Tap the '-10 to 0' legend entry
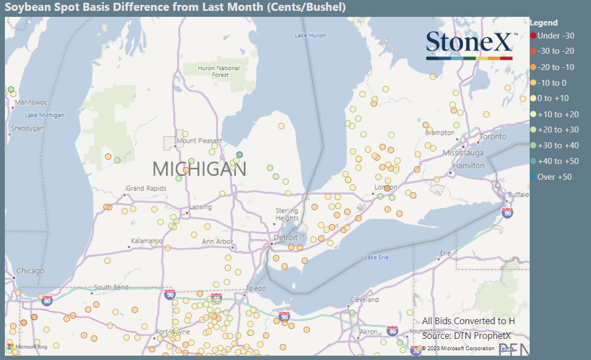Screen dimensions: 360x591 click(x=551, y=83)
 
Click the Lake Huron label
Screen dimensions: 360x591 click(x=310, y=35)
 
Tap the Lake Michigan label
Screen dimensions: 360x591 click(x=45, y=115)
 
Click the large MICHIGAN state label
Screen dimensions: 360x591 click(x=199, y=169)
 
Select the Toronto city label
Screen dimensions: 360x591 click(x=493, y=137)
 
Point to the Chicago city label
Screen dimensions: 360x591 click(x=30, y=271)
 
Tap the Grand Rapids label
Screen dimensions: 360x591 click(x=146, y=188)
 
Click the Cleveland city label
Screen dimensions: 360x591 click(x=364, y=300)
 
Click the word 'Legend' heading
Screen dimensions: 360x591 click(x=543, y=23)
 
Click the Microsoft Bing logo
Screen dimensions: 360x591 click(x=27, y=346)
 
